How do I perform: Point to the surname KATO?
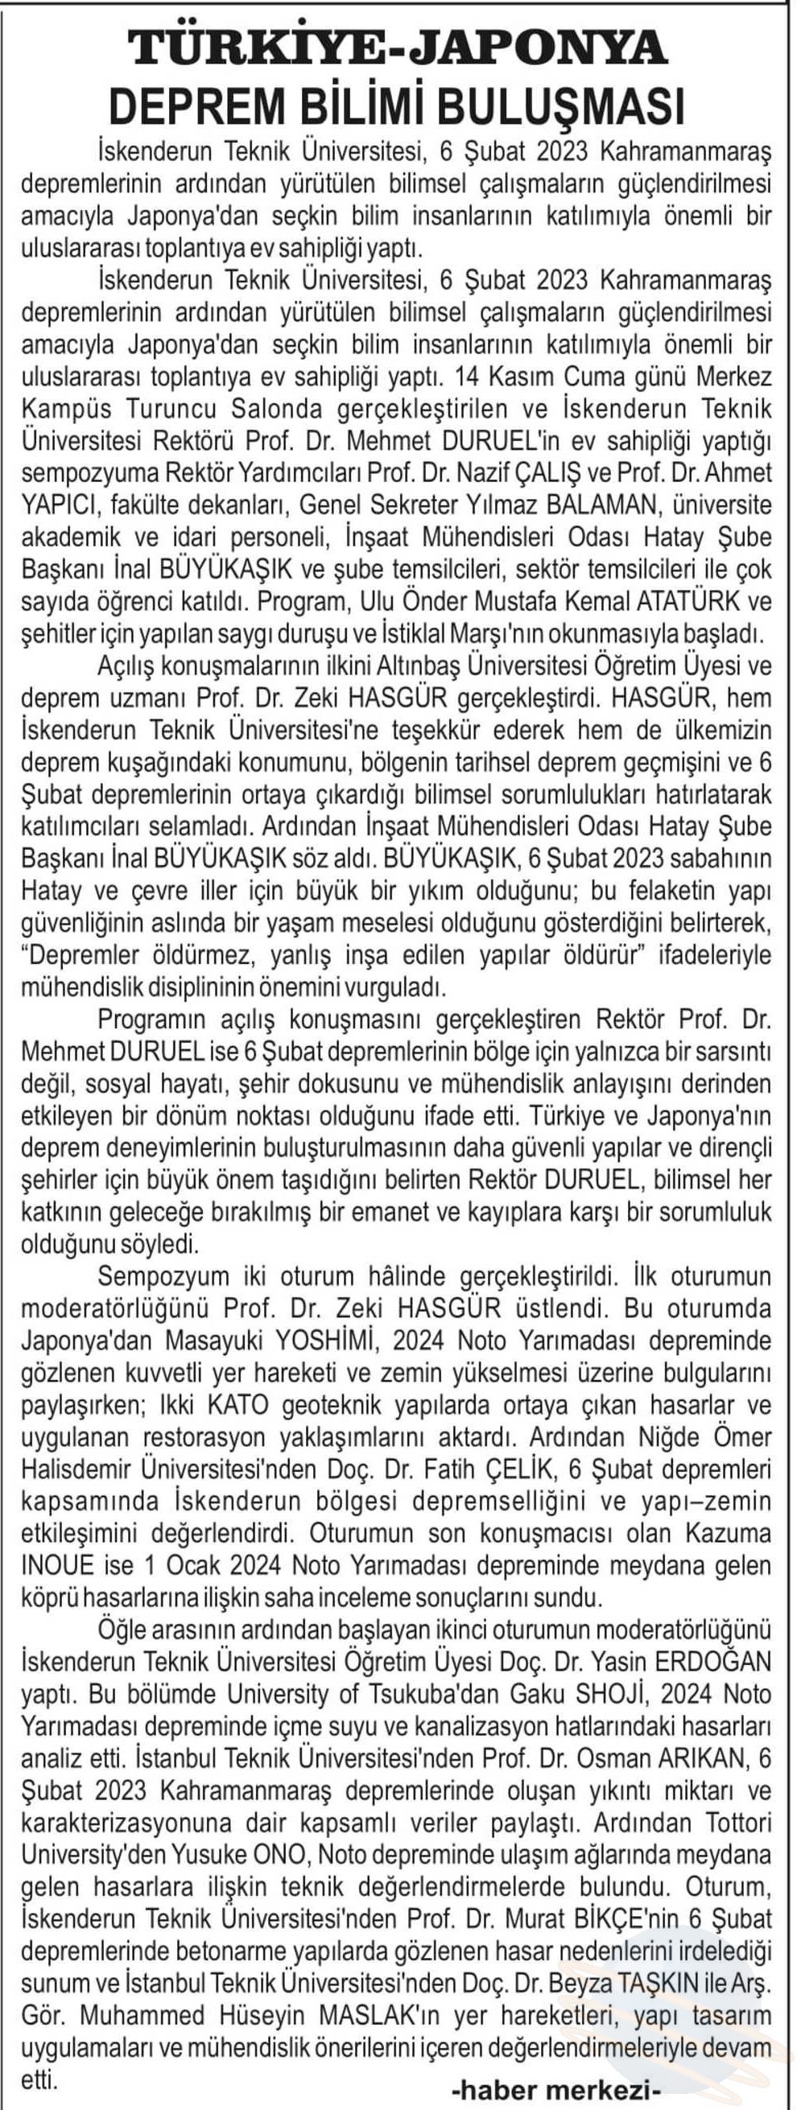[237, 1405]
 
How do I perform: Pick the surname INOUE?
[57, 1565]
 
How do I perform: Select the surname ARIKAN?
[687, 1758]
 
